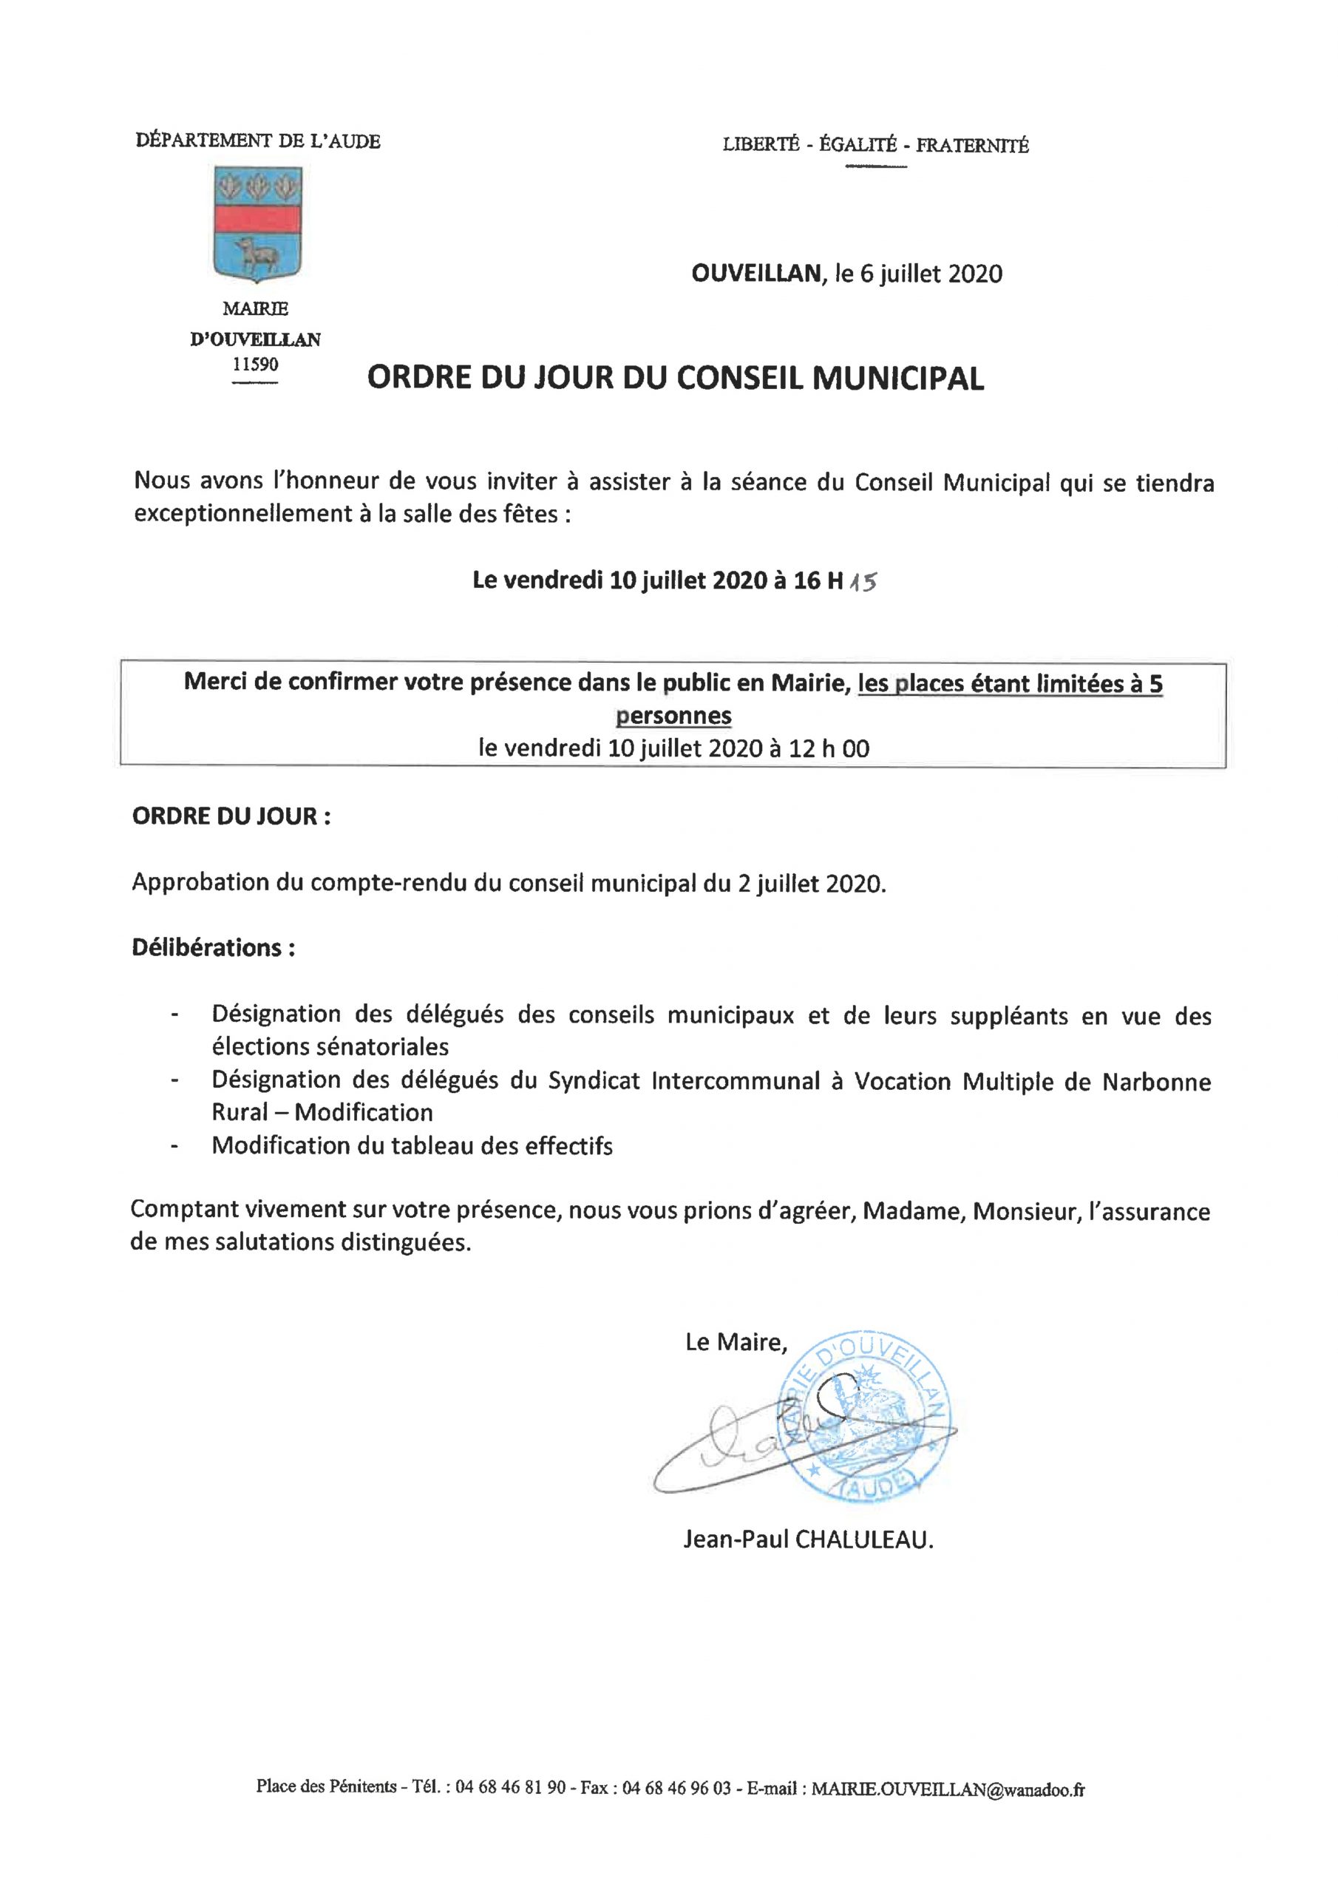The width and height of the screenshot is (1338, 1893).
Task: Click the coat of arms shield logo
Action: [x=257, y=223]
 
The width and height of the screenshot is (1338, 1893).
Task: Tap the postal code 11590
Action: [x=256, y=364]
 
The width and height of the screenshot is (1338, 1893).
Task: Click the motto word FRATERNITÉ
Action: [x=972, y=146]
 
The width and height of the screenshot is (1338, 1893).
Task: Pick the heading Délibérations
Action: [x=214, y=947]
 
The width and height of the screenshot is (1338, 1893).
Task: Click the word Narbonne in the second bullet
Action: [x=1157, y=1081]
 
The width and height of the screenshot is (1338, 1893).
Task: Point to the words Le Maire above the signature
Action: [x=736, y=1342]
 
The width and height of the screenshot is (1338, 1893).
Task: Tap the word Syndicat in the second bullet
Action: [x=595, y=1081]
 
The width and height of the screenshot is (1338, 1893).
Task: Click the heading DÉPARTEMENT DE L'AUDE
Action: [x=258, y=142]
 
